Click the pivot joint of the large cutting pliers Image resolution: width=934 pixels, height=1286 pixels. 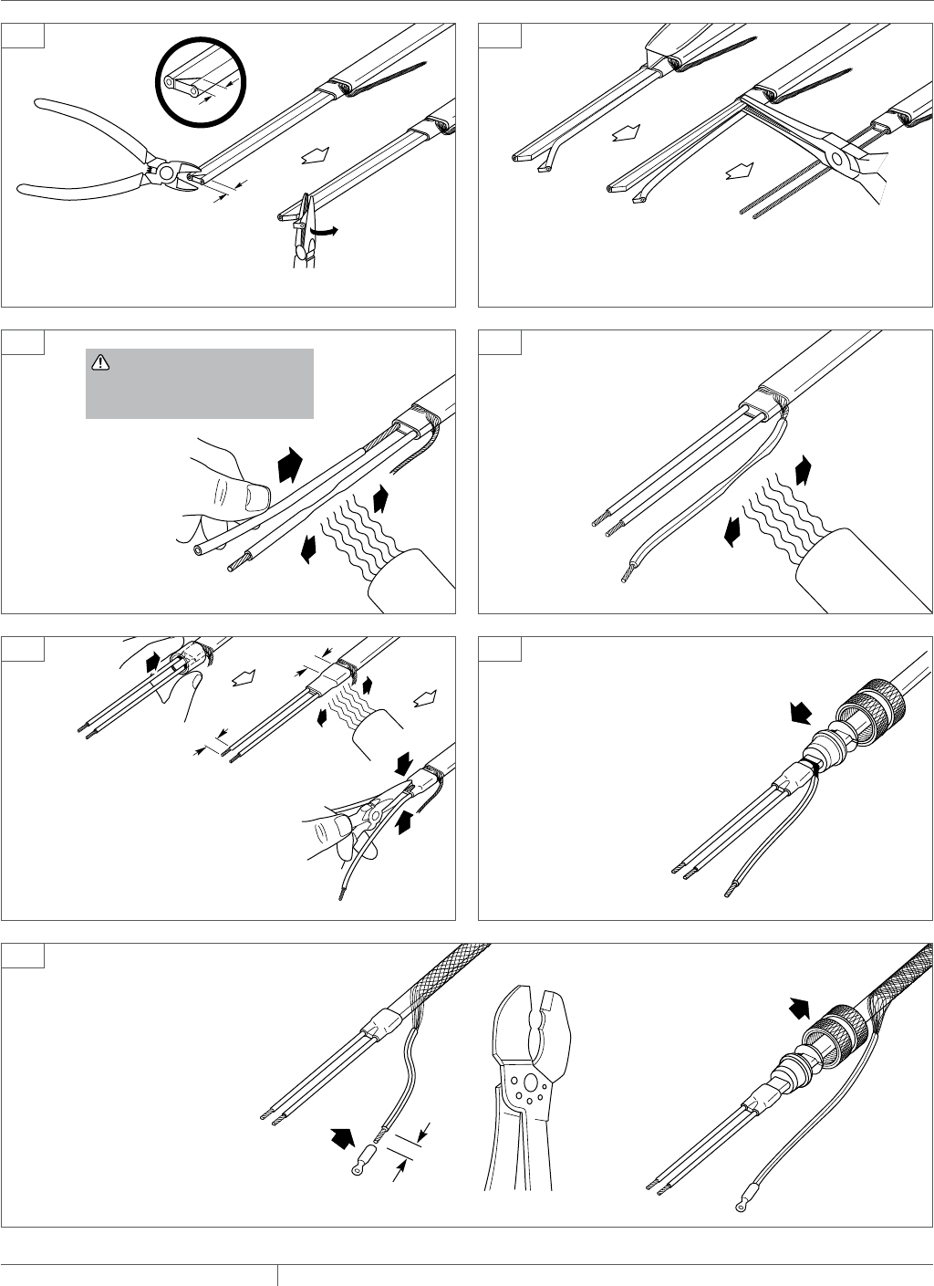(x=165, y=170)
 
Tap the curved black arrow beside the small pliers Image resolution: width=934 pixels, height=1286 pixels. (x=324, y=232)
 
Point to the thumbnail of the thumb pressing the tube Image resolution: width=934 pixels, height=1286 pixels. (x=257, y=497)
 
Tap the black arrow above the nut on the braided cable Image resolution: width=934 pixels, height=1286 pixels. (x=799, y=1008)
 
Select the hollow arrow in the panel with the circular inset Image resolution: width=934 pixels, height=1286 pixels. (x=311, y=155)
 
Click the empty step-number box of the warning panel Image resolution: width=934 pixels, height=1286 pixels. (x=22, y=340)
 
